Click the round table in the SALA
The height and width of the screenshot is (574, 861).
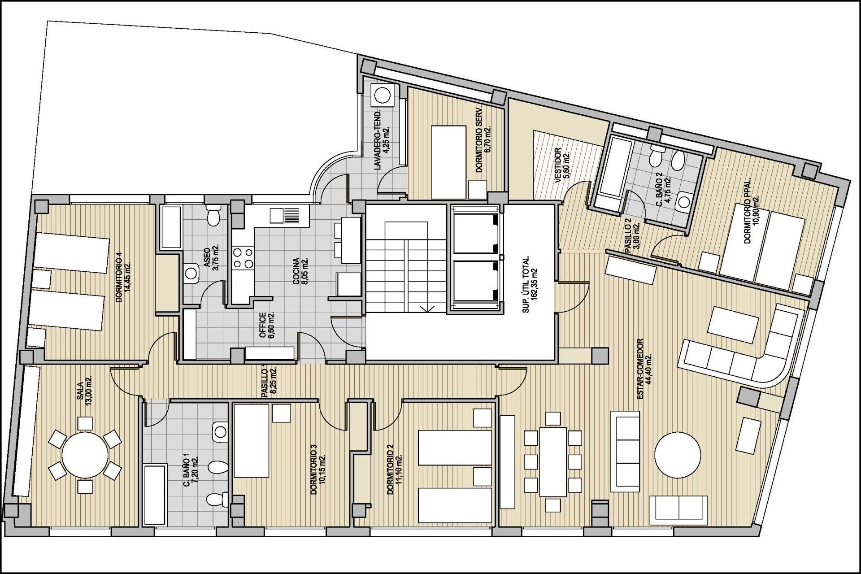[x=85, y=455]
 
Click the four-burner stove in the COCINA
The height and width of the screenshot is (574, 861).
[x=243, y=258]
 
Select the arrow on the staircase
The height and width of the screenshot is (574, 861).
[x=428, y=309]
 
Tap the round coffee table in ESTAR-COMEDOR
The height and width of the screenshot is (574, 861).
[x=677, y=455]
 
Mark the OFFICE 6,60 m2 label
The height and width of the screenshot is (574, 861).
[x=266, y=326]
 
